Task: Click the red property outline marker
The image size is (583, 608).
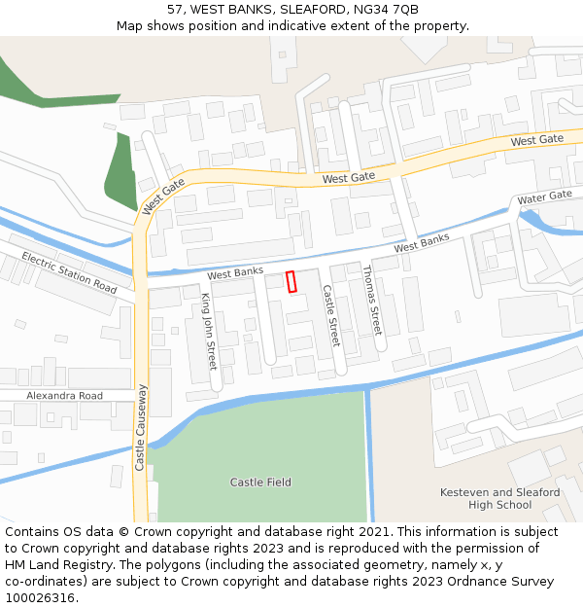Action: (291, 281)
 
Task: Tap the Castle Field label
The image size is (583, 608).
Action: (260, 483)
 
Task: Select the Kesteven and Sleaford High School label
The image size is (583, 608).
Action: (499, 498)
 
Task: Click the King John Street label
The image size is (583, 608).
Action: (209, 331)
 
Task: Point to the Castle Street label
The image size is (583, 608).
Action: (330, 316)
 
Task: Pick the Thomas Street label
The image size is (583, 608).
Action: (371, 300)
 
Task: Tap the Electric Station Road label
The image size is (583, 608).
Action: (69, 273)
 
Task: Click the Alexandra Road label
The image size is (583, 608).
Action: (64, 396)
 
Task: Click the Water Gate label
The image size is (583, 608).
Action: (544, 197)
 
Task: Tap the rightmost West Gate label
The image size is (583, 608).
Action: (536, 141)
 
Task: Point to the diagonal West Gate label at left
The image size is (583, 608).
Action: (161, 196)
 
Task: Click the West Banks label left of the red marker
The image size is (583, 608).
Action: (235, 273)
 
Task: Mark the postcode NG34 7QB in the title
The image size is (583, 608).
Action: (387, 9)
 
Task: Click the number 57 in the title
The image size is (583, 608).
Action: (175, 9)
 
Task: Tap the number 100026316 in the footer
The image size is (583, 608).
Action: (40, 598)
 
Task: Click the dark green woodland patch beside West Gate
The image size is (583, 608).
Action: (121, 175)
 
